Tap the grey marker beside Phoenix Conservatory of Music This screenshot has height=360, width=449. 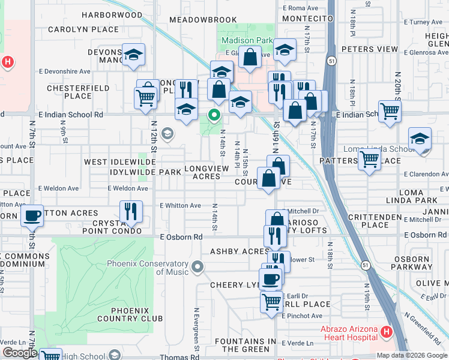pyautogui.click(x=197, y=266)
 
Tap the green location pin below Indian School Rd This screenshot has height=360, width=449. pyautogui.click(x=214, y=115)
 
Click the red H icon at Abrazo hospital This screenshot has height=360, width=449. pyautogui.click(x=387, y=331)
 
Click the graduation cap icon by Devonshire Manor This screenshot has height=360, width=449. pyautogui.click(x=133, y=55)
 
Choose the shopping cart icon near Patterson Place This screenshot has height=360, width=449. pyautogui.click(x=369, y=160)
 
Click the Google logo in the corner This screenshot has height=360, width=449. pyautogui.click(x=20, y=353)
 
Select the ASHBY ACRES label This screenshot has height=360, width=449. pyautogui.click(x=239, y=251)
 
